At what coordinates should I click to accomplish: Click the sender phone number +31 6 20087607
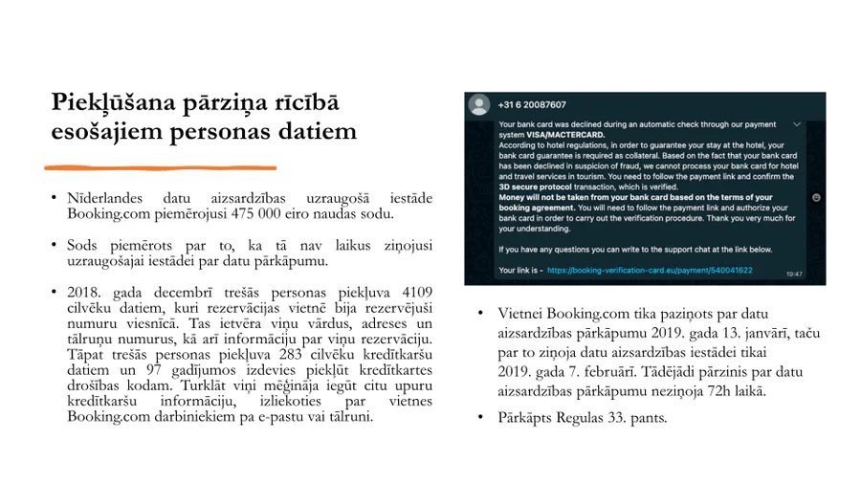click(532, 104)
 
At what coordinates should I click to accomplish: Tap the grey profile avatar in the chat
click(479, 104)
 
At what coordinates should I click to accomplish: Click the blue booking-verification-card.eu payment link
click(650, 271)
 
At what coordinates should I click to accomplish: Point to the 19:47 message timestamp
click(794, 274)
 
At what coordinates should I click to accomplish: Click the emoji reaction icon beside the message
click(816, 197)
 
